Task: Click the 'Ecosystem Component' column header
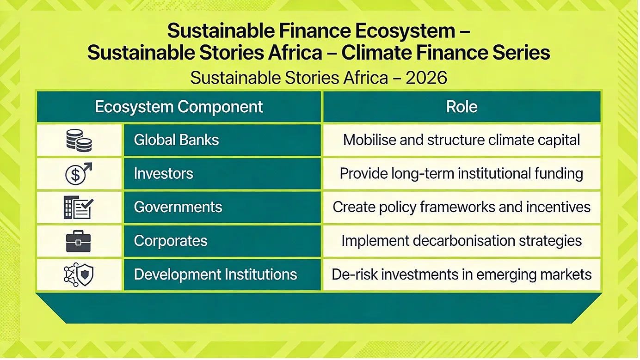click(x=178, y=107)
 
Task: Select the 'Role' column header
click(x=462, y=107)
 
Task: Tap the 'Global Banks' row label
click(x=176, y=140)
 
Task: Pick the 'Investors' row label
click(x=163, y=174)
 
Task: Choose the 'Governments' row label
click(x=178, y=207)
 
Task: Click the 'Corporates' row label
click(x=171, y=241)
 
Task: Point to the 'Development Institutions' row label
click(x=215, y=275)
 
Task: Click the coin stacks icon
click(x=79, y=140)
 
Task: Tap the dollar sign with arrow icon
click(x=79, y=174)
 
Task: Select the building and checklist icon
click(x=78, y=207)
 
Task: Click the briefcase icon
click(x=78, y=241)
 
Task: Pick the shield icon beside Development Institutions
click(x=85, y=275)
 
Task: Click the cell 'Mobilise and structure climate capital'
click(x=462, y=140)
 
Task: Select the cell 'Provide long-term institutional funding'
click(x=462, y=174)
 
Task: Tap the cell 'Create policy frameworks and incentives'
click(x=462, y=207)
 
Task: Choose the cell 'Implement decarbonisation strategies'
click(x=462, y=241)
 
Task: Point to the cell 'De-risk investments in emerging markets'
click(x=462, y=275)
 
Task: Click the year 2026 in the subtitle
click(x=426, y=78)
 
